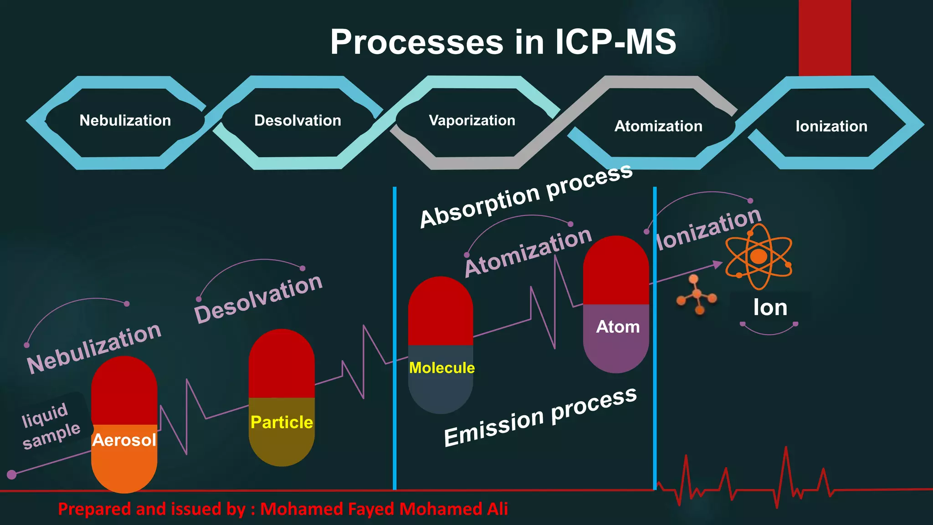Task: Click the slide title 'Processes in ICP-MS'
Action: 503,42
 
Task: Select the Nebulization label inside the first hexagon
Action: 125,121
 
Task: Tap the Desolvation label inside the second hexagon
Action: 297,121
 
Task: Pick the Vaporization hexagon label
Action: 472,121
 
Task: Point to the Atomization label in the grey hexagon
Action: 658,126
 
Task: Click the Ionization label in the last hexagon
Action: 831,126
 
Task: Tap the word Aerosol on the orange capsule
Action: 124,440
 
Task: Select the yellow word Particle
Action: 282,423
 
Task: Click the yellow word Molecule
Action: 441,368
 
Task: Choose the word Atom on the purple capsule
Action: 618,327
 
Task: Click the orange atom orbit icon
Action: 759,257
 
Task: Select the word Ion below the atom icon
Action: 770,308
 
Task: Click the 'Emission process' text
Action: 540,417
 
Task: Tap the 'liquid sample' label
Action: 50,426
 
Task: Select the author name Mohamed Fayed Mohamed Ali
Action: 384,509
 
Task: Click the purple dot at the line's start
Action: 12,474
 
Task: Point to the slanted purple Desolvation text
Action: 258,299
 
